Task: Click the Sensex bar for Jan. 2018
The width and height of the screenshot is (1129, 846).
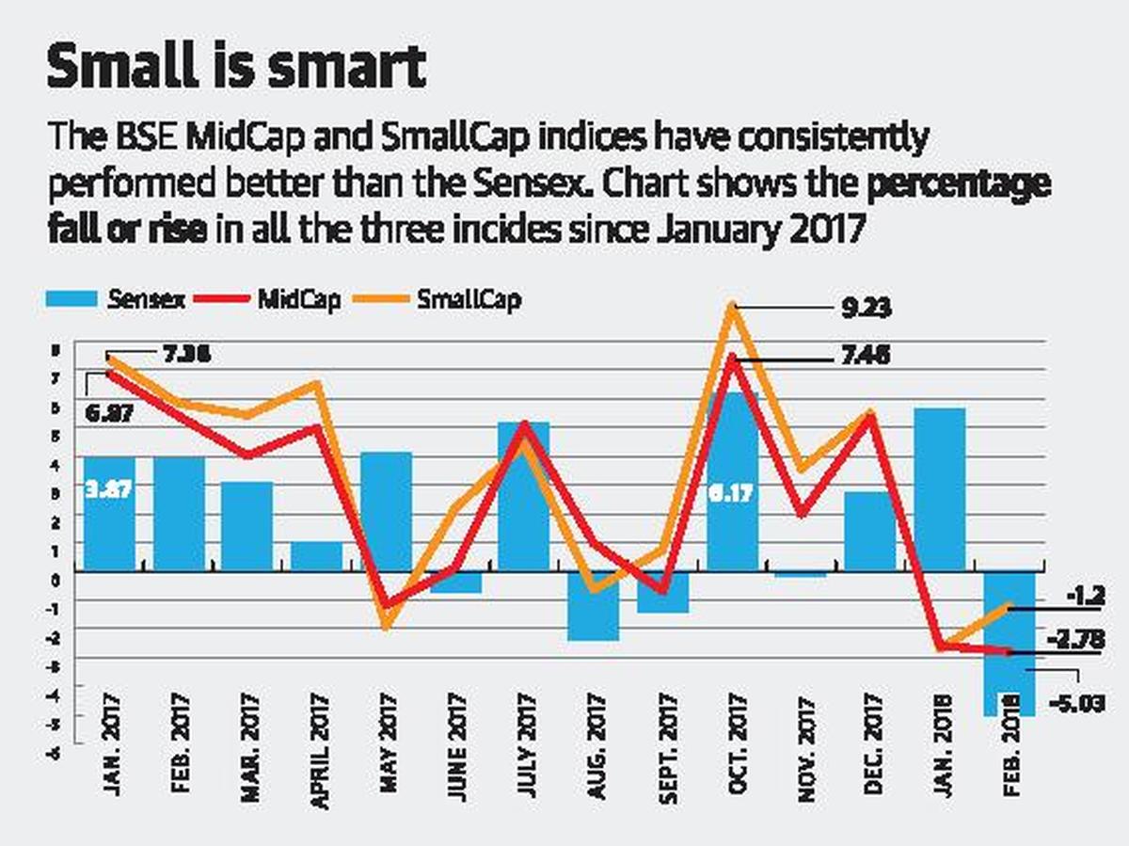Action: tap(939, 489)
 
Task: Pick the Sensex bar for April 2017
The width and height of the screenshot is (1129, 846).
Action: tap(316, 556)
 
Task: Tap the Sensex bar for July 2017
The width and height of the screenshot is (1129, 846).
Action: tap(523, 496)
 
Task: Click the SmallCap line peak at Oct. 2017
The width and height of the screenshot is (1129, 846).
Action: tap(733, 305)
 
